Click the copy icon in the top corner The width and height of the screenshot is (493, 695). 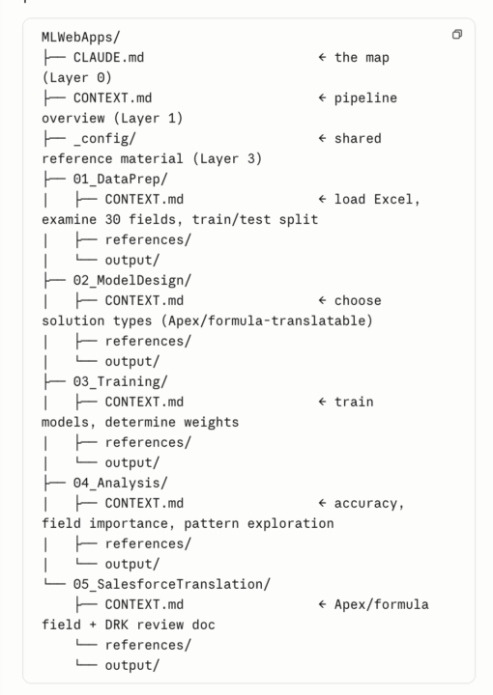coord(457,34)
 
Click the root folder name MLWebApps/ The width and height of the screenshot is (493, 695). coord(81,38)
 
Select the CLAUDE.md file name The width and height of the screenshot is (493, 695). coord(108,58)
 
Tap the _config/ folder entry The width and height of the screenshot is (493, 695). coord(104,139)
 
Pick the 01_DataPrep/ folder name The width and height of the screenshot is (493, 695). coord(120,180)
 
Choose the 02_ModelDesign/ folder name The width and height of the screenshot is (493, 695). coord(132,281)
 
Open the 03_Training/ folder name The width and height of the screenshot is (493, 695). coord(120,381)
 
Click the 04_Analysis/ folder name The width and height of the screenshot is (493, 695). coord(120,484)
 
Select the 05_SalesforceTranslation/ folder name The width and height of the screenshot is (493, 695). coord(172,584)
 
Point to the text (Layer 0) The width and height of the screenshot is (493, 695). coord(76,78)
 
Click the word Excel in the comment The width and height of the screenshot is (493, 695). coord(393,200)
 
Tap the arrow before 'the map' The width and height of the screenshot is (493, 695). coord(322,57)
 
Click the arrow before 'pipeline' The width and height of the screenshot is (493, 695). coord(322,97)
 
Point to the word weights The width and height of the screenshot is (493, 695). coord(212,423)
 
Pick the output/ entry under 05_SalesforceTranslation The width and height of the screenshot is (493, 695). coord(132,665)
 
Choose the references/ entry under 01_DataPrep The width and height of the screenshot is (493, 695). coord(148,239)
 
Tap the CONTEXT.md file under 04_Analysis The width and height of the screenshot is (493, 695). coord(144,504)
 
